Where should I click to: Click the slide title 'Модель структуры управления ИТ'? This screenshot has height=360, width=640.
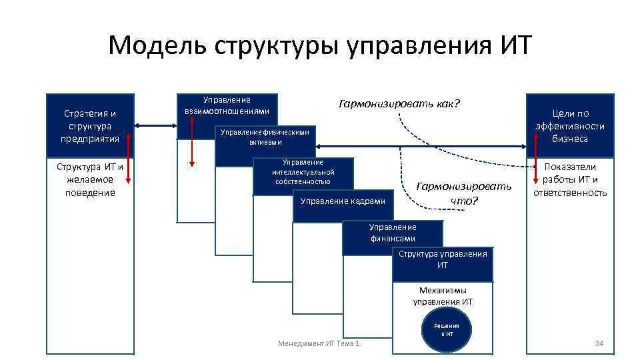point(320,46)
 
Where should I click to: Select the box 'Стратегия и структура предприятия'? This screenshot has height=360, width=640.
point(90,126)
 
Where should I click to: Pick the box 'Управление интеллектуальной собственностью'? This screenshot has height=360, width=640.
point(303,172)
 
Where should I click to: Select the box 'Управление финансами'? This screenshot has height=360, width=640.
point(393,233)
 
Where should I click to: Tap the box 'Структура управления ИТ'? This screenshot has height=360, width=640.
point(443,259)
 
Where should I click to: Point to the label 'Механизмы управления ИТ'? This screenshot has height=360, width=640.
point(443,296)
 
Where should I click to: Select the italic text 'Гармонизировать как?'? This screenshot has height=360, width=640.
point(399,104)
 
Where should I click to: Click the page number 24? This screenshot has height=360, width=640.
point(598,343)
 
